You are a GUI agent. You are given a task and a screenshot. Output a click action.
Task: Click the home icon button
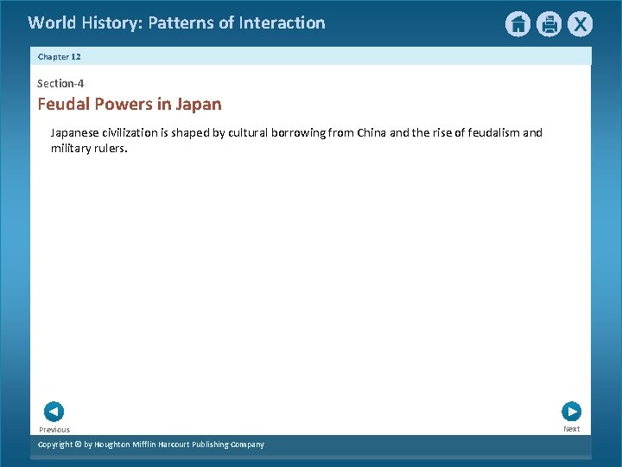[x=517, y=24]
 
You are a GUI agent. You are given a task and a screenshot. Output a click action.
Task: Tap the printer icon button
[x=549, y=24]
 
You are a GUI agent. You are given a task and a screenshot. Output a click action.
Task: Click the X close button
[x=580, y=24]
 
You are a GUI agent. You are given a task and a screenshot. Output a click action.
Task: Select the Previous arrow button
[x=54, y=412]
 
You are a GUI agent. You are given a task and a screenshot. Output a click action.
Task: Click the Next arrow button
[x=571, y=412]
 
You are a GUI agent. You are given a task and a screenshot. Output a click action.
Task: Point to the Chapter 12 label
[x=59, y=56]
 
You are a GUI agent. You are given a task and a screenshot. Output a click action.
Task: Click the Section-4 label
[x=60, y=84]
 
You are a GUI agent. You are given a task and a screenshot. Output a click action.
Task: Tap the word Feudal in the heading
[x=61, y=105]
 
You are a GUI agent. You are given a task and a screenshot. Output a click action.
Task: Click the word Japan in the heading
[x=198, y=105]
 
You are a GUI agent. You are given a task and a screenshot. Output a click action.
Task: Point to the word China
[x=372, y=133]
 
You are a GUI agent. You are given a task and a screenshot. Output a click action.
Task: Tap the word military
[x=71, y=148]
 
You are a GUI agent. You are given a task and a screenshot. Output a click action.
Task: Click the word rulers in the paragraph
[x=111, y=148]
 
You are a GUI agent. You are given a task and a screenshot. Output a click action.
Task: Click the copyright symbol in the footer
[x=76, y=445]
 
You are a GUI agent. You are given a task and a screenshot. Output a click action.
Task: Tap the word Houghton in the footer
[x=117, y=445]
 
